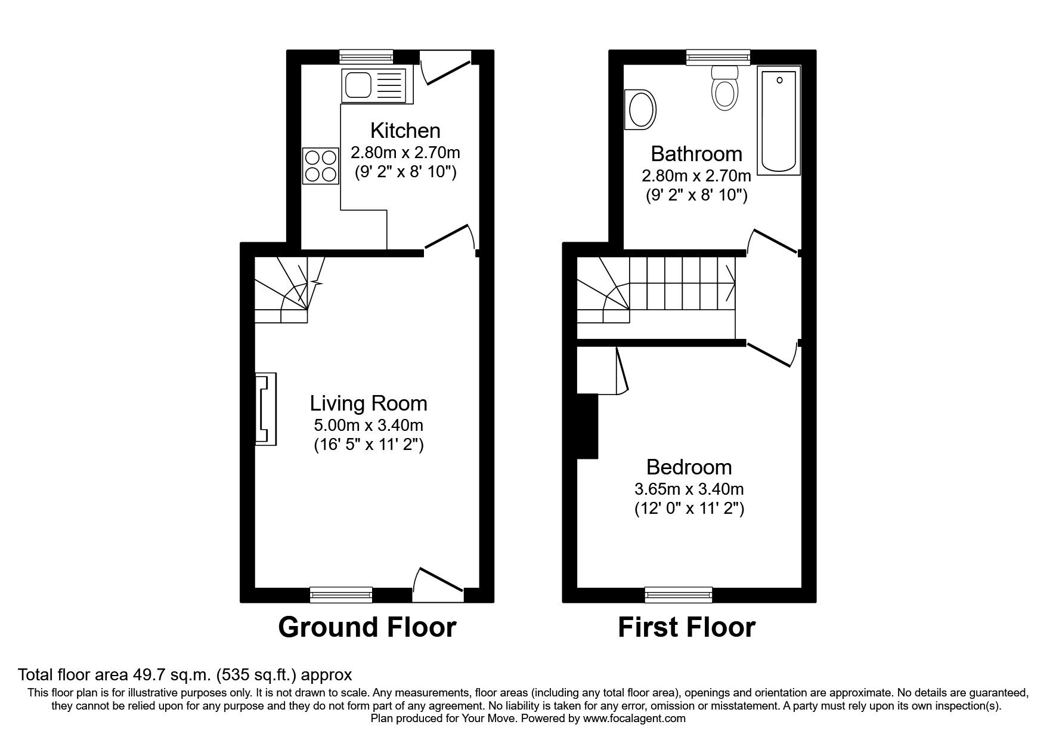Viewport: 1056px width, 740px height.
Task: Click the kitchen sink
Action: click(x=373, y=84)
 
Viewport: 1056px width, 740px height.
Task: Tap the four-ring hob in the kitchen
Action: click(x=321, y=166)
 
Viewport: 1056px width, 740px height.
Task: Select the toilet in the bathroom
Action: click(x=724, y=88)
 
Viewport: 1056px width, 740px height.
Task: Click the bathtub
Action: click(x=778, y=121)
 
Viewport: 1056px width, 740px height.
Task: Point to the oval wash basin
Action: click(x=640, y=110)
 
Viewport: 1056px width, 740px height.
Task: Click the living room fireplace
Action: click(x=266, y=409)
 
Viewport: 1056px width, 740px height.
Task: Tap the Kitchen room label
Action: click(x=405, y=130)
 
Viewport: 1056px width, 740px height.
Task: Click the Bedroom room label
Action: click(x=689, y=467)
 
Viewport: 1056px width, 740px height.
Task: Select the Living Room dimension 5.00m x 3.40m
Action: click(x=368, y=425)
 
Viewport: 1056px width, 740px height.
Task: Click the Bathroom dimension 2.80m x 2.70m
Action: click(x=696, y=176)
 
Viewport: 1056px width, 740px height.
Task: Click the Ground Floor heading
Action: click(x=367, y=627)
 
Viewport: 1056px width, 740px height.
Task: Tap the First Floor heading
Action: click(x=686, y=627)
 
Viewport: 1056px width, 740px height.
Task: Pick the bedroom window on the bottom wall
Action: click(x=679, y=594)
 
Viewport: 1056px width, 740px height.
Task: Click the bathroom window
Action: click(x=718, y=57)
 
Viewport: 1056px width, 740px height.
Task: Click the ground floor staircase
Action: click(x=286, y=289)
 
